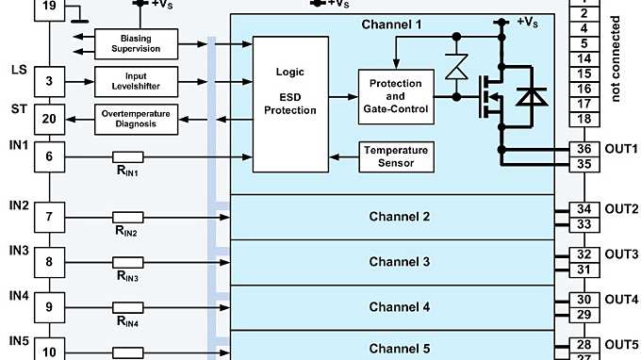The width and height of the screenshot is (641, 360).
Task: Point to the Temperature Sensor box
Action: click(395, 156)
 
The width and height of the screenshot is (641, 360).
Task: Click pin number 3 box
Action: click(50, 81)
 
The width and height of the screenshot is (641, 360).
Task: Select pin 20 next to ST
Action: click(50, 119)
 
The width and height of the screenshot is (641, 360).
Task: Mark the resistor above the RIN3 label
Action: click(127, 262)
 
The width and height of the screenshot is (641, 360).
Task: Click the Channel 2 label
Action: click(399, 217)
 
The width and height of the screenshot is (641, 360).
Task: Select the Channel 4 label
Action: click(399, 307)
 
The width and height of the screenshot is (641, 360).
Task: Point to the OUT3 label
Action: click(621, 254)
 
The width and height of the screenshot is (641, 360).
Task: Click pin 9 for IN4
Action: click(50, 307)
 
